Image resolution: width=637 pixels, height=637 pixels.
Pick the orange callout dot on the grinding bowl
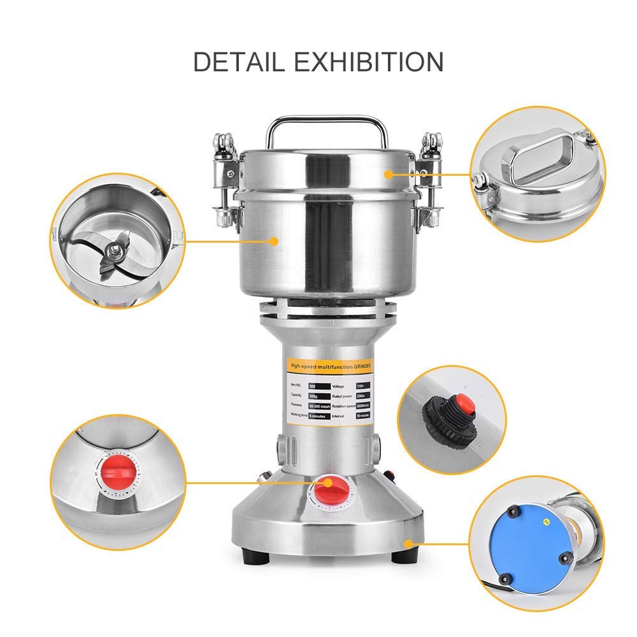[x=274, y=241]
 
